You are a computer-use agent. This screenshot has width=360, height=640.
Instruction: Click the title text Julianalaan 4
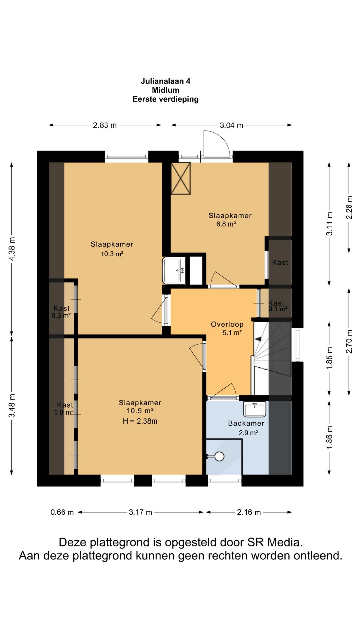point(165,81)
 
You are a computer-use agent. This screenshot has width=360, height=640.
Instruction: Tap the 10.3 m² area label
point(112,254)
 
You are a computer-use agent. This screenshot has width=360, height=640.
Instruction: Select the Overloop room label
point(227,324)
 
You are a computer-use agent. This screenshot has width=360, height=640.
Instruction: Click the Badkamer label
point(246,423)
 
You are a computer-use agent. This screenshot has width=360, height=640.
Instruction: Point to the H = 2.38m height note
point(140,421)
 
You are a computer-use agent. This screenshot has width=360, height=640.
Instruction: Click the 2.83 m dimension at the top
point(105,125)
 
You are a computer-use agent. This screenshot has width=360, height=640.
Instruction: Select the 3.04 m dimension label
point(231,125)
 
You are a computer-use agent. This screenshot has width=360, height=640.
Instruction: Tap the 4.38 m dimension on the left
point(12,249)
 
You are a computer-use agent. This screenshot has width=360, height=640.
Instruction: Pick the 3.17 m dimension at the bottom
point(140,512)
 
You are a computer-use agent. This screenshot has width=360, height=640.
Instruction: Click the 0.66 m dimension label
point(62,512)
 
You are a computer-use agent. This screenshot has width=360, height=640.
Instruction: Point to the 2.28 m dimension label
point(349,207)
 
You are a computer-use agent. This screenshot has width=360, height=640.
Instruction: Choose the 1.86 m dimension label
point(329,437)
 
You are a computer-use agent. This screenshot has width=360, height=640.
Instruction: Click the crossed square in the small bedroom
point(181,178)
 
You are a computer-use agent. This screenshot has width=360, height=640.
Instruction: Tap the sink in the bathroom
point(255,409)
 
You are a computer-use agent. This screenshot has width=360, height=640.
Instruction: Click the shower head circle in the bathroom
point(219,456)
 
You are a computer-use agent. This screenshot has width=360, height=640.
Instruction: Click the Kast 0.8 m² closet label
point(65,409)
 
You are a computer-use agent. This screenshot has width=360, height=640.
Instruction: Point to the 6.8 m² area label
point(226,224)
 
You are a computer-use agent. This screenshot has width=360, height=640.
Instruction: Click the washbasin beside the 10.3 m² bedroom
point(174,270)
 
